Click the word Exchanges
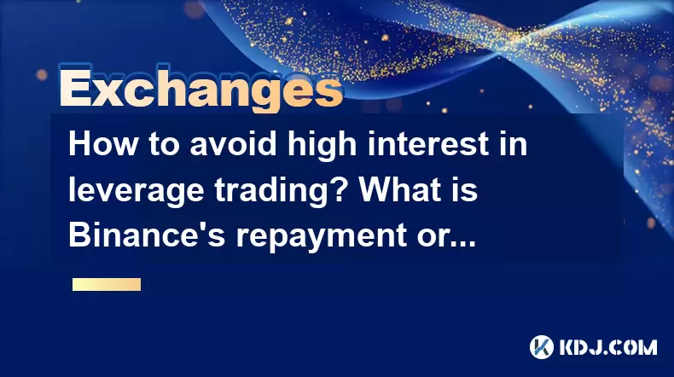coord(200,88)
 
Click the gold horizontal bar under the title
coord(107,284)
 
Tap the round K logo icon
coord(541,347)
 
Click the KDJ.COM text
coord(607,347)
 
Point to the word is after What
coord(467,189)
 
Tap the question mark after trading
coord(340,189)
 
